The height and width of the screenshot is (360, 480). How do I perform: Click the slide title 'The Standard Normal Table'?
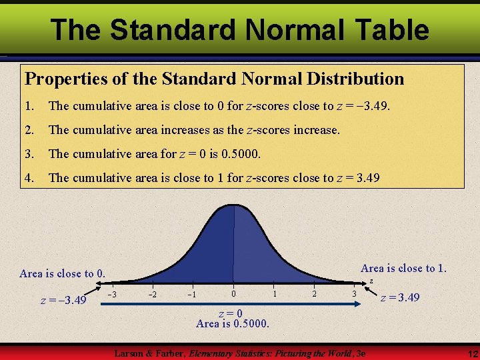point(239,30)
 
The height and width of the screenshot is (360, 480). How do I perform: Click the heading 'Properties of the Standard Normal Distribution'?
point(214,79)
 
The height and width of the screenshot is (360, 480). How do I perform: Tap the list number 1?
point(29,105)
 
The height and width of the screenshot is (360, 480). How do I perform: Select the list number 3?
point(29,153)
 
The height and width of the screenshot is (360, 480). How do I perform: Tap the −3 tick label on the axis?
point(113,295)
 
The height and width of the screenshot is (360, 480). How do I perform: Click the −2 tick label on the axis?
point(153,295)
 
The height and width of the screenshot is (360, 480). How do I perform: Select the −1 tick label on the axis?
point(192,295)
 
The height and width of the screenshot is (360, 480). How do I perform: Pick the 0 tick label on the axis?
point(233,294)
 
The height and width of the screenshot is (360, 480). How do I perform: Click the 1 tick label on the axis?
point(274,294)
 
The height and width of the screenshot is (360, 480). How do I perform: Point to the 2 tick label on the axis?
point(314,294)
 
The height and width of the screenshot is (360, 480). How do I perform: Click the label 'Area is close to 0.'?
point(63,273)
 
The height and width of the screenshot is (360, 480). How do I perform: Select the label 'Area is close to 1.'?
point(403,268)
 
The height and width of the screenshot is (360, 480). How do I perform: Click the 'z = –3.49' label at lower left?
point(63,300)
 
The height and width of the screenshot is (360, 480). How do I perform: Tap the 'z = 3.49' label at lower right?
point(399,297)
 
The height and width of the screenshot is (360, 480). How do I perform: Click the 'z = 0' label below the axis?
point(231,313)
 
